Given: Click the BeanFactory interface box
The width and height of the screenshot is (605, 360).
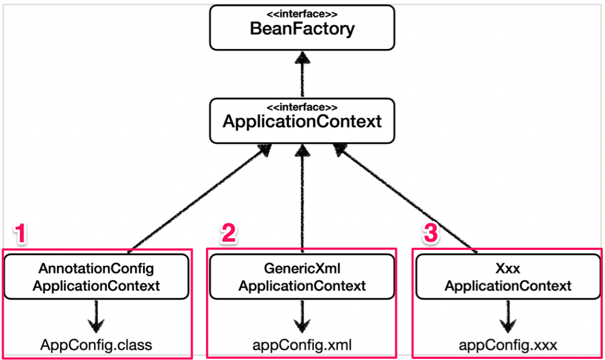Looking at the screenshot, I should (x=302, y=27).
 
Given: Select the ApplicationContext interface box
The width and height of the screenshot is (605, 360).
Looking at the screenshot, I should (x=302, y=121).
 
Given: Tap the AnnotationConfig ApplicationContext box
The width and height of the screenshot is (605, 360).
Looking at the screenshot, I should (x=96, y=277).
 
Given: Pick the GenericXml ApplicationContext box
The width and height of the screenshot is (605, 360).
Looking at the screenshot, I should (x=302, y=277).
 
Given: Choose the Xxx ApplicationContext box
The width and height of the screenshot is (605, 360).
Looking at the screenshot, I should (x=508, y=277).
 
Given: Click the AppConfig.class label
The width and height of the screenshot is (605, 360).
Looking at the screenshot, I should (x=96, y=345).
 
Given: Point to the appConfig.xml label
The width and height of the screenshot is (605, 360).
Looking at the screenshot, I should (x=302, y=345).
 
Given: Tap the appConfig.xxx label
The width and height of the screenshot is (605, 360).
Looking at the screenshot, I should (x=508, y=345).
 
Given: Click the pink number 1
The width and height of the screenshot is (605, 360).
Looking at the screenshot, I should (x=20, y=234).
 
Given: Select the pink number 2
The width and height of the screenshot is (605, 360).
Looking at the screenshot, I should (x=228, y=234).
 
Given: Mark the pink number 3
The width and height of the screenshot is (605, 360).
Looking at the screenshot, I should (x=430, y=234).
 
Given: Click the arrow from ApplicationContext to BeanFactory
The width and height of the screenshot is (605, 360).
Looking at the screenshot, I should (x=302, y=74).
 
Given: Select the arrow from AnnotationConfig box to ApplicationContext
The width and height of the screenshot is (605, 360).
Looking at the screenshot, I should (x=198, y=198).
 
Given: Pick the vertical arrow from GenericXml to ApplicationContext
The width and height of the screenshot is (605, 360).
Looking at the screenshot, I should (x=302, y=198).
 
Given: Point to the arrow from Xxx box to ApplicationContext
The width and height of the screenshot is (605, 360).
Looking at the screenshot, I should (x=407, y=198).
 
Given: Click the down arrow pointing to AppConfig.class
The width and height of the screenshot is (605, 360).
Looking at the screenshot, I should (x=97, y=316).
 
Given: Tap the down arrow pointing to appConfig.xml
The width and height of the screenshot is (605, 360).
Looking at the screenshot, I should (x=302, y=316).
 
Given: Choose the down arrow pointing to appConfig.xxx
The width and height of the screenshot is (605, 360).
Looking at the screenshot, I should (x=508, y=316).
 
